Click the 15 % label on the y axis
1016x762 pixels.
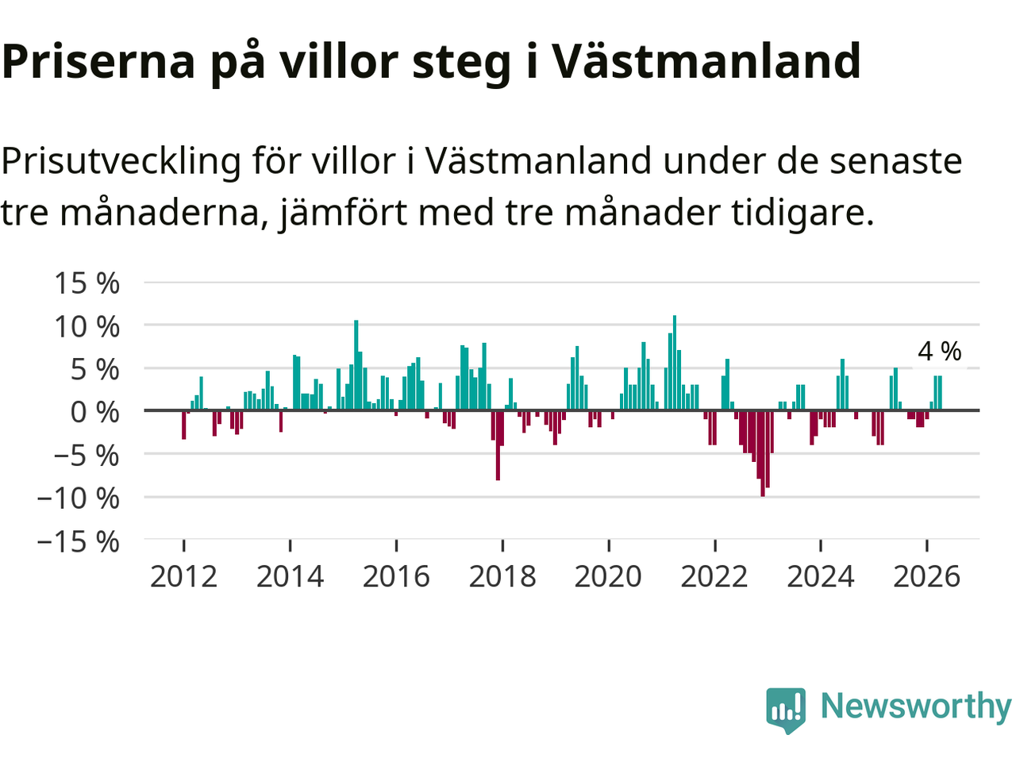87,283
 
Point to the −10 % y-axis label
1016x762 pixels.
79,498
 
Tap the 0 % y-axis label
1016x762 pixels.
95,412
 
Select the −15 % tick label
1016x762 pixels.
79,542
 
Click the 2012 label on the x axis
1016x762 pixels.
184,577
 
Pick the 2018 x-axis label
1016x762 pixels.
502,577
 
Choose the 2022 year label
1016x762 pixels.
714,577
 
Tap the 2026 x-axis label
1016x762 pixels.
926,577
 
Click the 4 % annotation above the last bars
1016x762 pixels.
940,352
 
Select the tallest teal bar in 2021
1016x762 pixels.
675,363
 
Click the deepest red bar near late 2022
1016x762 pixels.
762,453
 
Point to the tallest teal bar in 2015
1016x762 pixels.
356,365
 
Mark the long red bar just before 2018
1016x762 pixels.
498,445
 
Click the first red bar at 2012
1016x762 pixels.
184,425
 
